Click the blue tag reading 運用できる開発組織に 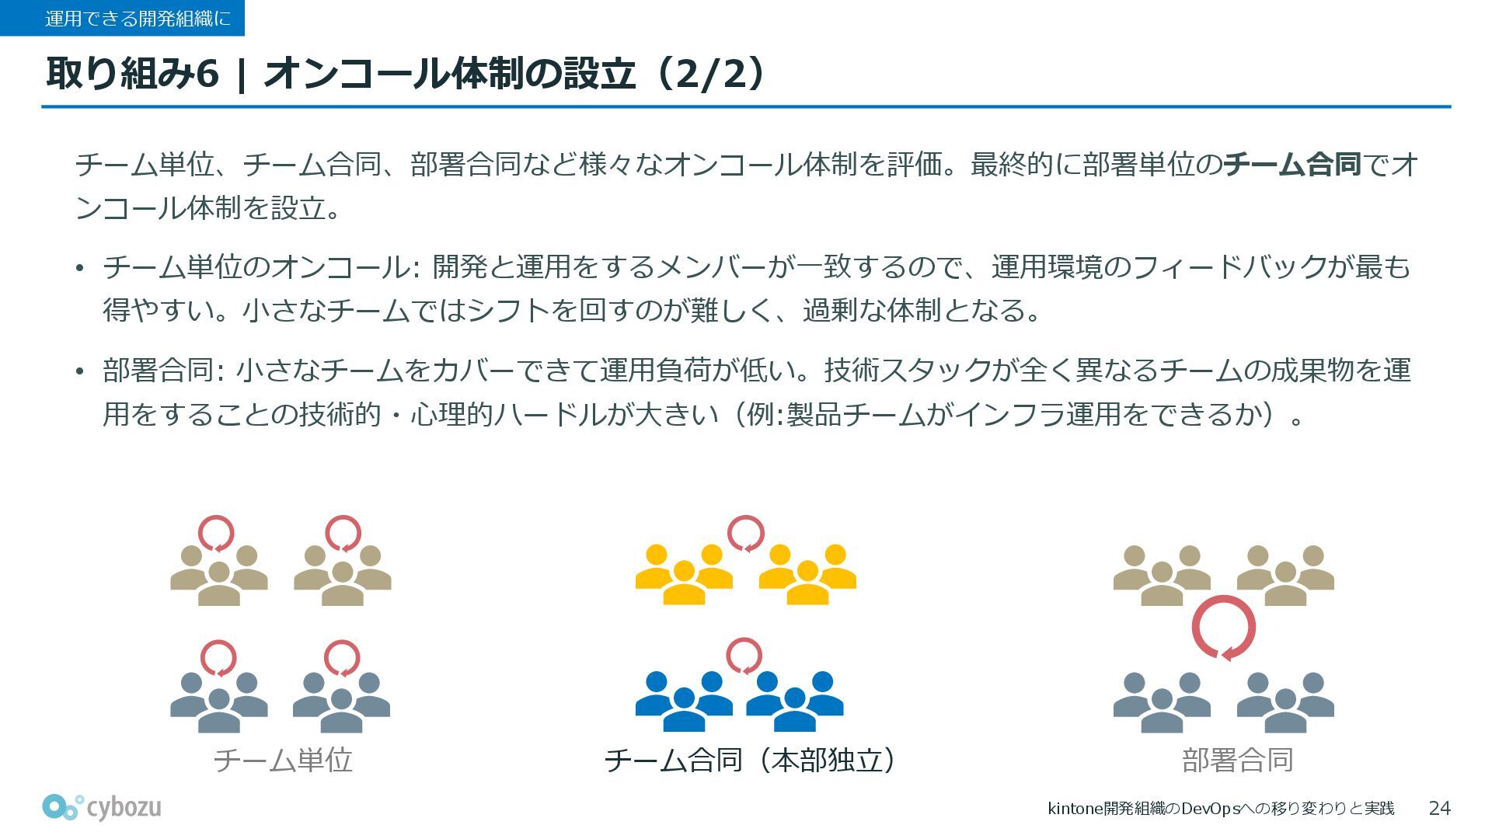point(122,18)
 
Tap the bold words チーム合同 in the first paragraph point(1292,165)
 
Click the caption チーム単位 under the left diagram point(283,760)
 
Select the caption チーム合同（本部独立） point(750,760)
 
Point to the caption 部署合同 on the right point(1237,760)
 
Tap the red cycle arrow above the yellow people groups point(745,534)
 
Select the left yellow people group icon point(684,575)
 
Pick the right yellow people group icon point(807,575)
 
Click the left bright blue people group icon point(684,701)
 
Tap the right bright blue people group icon point(794,701)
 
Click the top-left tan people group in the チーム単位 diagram point(219,576)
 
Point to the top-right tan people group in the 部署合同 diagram point(1285,576)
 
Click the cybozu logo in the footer point(102,807)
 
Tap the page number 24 point(1439,808)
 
